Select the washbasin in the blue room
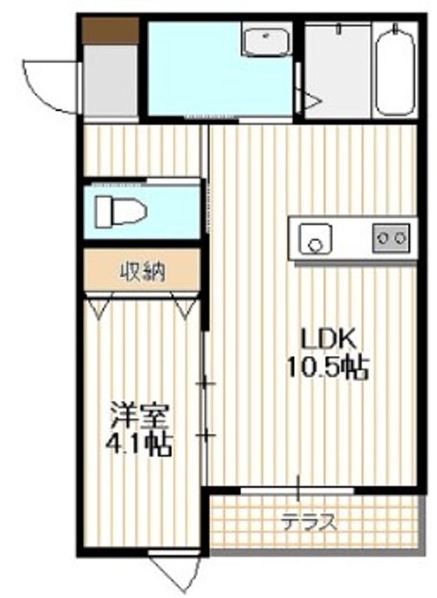click(x=265, y=39)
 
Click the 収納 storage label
click(x=143, y=271)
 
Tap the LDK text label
click(x=328, y=339)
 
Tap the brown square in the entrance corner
click(x=110, y=31)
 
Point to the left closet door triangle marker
click(x=99, y=308)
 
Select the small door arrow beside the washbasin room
click(x=311, y=103)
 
